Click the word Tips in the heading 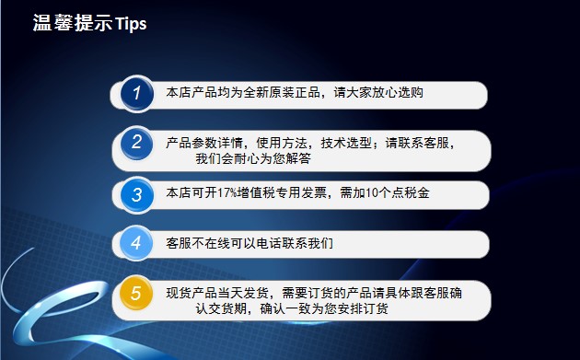click(131, 24)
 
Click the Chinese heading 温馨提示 click(73, 23)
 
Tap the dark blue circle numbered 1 click(137, 94)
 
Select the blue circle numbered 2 click(137, 144)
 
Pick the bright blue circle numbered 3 click(137, 194)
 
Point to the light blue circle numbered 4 click(136, 243)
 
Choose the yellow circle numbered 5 click(136, 293)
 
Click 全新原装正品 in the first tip click(282, 92)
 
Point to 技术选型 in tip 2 click(346, 143)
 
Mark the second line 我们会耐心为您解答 click(253, 158)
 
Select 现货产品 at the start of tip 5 click(191, 293)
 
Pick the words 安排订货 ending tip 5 click(363, 308)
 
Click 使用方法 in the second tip click(282, 143)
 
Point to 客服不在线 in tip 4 click(198, 243)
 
